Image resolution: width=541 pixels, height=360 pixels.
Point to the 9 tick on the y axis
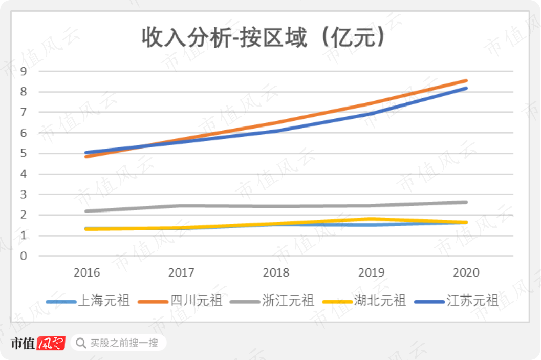[23, 71]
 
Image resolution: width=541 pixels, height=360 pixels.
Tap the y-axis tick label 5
[23, 153]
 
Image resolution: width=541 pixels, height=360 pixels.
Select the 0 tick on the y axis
[23, 256]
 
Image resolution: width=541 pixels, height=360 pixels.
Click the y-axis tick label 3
[23, 195]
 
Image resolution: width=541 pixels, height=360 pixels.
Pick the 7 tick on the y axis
[23, 112]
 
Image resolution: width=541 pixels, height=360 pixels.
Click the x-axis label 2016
[87, 272]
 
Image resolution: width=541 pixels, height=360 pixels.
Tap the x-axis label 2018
[276, 272]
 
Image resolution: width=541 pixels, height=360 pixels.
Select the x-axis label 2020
[466, 272]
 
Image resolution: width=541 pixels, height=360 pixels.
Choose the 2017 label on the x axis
[181, 272]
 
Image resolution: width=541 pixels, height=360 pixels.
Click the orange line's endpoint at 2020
[466, 80]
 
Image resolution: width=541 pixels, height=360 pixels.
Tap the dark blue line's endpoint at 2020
[466, 88]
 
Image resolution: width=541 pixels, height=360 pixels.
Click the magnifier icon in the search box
[81, 343]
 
